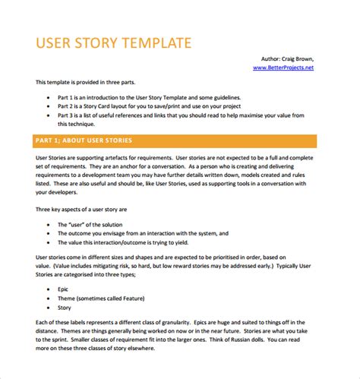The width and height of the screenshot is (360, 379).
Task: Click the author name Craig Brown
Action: coord(295,58)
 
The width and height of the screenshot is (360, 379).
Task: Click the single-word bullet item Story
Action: coord(64,308)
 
